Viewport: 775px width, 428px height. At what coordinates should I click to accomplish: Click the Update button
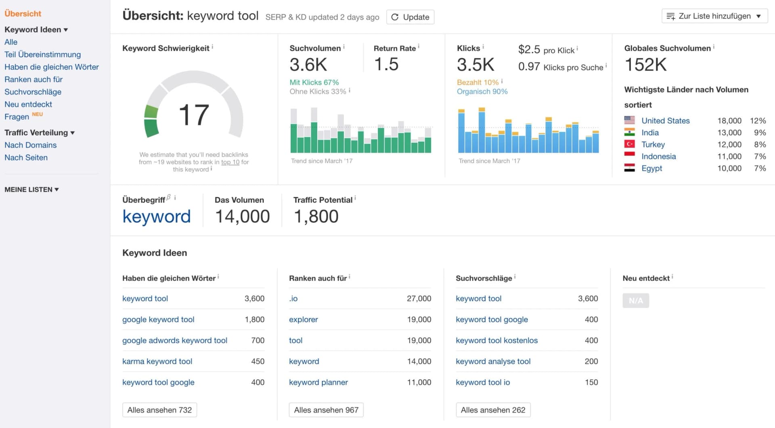410,17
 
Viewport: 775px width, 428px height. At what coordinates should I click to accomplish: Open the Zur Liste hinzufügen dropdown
714,16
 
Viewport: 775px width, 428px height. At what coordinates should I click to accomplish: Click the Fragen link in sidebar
17,117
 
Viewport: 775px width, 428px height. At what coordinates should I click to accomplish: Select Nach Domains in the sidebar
30,145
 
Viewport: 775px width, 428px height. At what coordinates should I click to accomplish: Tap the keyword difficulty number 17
194,115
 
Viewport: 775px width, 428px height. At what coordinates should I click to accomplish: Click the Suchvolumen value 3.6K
308,65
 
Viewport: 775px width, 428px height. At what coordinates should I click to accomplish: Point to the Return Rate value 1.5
386,64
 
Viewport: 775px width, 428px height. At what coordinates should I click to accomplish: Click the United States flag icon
629,120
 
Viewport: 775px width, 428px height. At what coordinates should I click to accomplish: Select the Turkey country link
653,144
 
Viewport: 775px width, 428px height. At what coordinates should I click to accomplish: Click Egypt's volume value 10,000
729,168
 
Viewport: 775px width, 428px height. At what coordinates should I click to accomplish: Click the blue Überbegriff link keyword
156,217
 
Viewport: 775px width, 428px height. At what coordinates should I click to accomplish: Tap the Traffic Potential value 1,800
316,217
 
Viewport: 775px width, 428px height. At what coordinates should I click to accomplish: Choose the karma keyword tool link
157,361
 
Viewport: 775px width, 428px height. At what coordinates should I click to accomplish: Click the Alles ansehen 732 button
159,410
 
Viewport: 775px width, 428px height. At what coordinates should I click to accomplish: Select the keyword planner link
318,382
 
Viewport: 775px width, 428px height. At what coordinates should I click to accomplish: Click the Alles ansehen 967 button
326,410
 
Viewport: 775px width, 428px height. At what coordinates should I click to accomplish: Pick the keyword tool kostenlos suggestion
496,340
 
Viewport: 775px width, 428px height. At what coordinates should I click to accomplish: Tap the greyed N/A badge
635,301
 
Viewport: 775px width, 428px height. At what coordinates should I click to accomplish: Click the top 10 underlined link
230,162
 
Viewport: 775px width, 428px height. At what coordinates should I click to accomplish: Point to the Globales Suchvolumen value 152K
645,65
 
